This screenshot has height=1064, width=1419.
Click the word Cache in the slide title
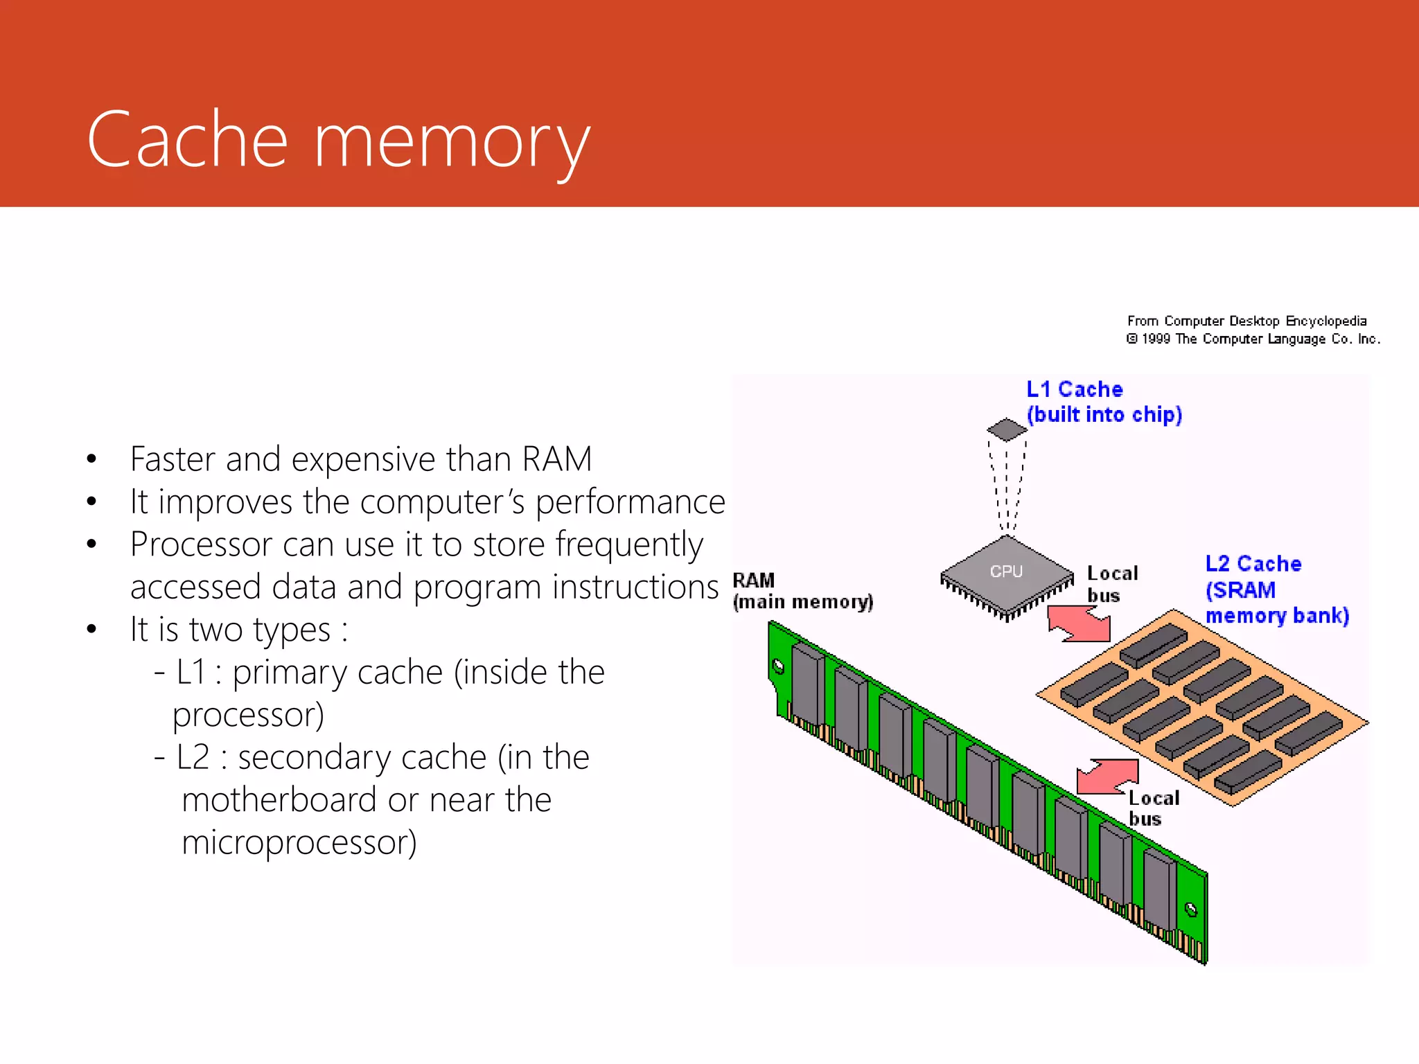[x=187, y=140]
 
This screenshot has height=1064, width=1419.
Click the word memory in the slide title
[x=452, y=143]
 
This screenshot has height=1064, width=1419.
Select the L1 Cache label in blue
[x=1074, y=389]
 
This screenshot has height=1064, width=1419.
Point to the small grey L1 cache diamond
[x=1007, y=429]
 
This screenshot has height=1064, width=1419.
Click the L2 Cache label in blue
[x=1253, y=564]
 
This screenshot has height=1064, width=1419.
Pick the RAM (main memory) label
[x=802, y=591]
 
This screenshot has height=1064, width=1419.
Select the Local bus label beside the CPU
[x=1111, y=584]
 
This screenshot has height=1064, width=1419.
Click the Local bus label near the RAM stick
[x=1153, y=808]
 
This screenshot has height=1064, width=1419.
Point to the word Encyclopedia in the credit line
[x=1325, y=321]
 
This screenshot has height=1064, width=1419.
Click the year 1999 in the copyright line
[x=1156, y=339]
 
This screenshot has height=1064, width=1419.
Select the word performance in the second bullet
[x=630, y=502]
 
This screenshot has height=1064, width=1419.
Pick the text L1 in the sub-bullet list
[x=191, y=673]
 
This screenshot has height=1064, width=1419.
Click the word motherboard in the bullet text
[x=279, y=801]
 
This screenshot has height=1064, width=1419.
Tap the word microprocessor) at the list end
[x=299, y=843]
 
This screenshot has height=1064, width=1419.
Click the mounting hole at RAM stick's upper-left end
[x=779, y=666]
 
